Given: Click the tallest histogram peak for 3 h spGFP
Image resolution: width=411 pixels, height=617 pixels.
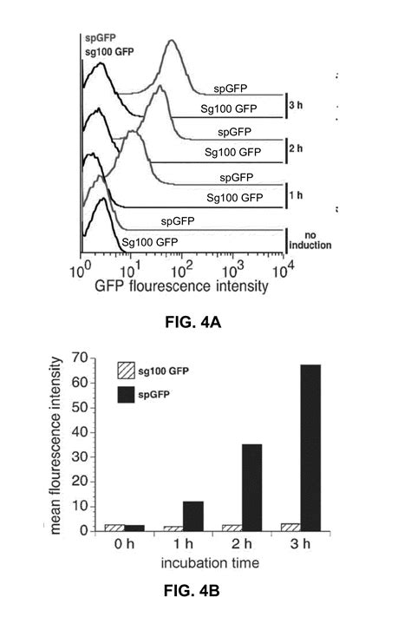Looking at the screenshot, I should [173, 42].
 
